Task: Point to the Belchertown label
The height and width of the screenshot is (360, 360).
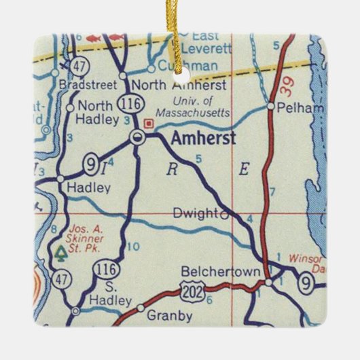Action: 221,272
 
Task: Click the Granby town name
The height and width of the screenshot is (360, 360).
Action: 169,316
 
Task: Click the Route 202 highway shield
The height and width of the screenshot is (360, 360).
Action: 191,292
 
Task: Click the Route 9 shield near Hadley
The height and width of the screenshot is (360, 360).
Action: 90,163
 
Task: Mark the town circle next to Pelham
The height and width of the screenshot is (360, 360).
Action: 270,107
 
